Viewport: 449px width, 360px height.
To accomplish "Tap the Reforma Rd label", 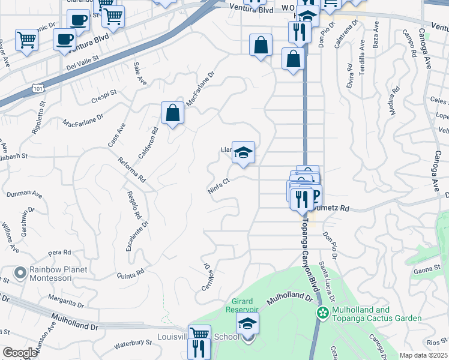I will point(132,169).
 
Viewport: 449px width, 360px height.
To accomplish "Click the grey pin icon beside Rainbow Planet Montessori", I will point(20,274).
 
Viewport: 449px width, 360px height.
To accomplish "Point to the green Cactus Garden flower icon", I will point(323,313).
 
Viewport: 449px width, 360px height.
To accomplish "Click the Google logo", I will point(20,353).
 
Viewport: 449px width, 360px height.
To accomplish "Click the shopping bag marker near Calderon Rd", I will point(172,113).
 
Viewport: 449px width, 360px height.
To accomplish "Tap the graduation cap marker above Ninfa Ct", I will point(243,152).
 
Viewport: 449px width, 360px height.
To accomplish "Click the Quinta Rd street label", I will point(131,273).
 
